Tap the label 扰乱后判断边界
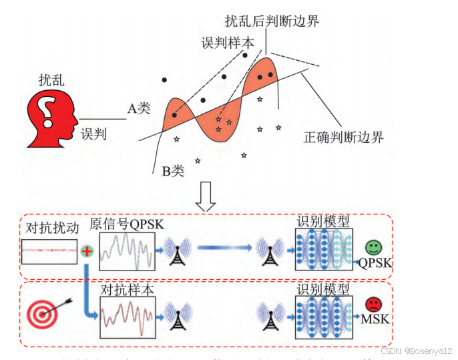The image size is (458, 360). pos(272,21)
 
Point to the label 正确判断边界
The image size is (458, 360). pos(343,138)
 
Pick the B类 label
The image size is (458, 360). pos(173,171)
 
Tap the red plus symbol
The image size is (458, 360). pos(86,251)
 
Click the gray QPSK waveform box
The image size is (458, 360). pos(127,250)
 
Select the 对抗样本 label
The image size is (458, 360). pos(127,291)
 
